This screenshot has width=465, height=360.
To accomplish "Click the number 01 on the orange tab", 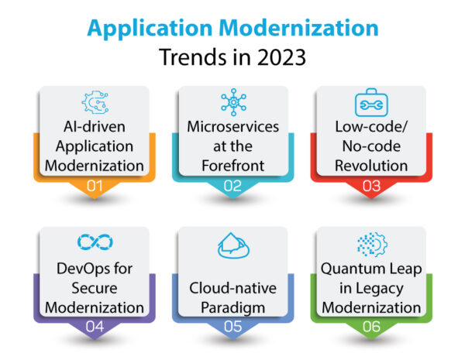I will [93, 187].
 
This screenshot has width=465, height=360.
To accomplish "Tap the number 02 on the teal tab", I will [232, 187].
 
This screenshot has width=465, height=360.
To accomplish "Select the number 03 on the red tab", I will [370, 187].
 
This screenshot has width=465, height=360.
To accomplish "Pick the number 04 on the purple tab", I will [93, 327].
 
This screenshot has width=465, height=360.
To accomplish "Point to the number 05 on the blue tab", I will [232, 327].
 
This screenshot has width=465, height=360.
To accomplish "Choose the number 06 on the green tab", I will [370, 327].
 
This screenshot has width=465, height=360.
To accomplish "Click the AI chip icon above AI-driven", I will [93, 103].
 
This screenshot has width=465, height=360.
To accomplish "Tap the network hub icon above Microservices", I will [232, 102].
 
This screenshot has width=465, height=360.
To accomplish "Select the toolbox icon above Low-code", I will [370, 103].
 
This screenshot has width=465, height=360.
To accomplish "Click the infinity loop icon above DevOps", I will [93, 243].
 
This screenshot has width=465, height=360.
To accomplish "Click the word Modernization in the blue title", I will [301, 29].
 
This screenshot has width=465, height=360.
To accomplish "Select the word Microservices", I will [232, 126].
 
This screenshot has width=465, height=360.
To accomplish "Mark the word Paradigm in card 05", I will [232, 307].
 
